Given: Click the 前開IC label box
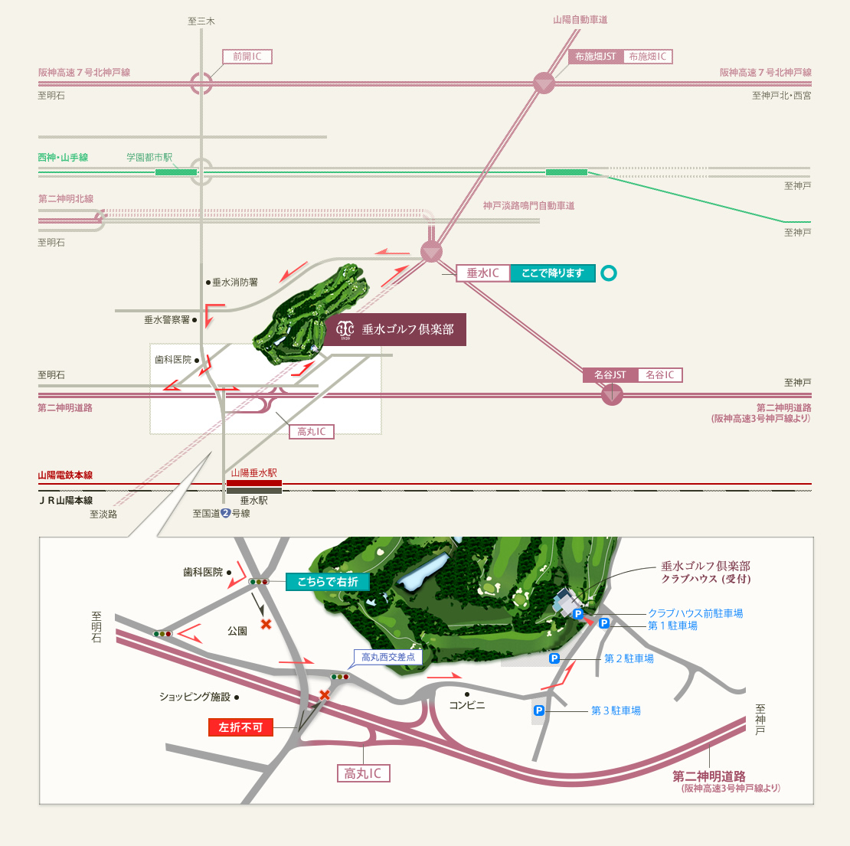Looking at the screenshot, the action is coord(247,57).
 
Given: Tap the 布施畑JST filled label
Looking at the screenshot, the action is coord(596,57).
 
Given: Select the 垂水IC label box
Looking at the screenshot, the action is coord(483,273).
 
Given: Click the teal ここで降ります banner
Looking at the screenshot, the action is coord(552,273).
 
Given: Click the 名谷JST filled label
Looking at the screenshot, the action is coord(610,374).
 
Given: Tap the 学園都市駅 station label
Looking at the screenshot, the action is coord(149,157).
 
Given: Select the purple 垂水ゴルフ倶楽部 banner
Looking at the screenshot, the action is coord(395,329).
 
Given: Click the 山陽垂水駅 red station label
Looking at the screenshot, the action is coord(253,473).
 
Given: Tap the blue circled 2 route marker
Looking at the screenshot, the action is coord(226,513).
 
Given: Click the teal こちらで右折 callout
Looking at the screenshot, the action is coord(328,582).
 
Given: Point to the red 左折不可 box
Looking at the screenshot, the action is coord(240,727).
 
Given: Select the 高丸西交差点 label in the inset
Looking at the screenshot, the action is coord(388,657).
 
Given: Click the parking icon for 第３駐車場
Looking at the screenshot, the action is coord(539,710).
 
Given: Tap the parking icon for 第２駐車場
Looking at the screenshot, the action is coord(554,658).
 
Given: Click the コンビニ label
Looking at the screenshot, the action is coord(467,705).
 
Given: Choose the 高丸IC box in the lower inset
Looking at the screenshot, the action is coord(363,773).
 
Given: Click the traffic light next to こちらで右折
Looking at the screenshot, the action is coord(259,582).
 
